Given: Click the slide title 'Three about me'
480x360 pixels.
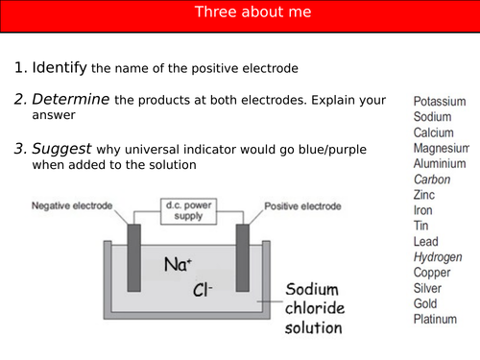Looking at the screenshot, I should (239, 12).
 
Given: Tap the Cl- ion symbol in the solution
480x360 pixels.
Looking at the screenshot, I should (204, 289).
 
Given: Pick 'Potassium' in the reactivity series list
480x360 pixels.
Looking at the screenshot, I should (439, 101).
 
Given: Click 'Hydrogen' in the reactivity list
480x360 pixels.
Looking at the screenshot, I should (438, 257).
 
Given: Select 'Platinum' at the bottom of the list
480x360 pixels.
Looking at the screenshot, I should (436, 320).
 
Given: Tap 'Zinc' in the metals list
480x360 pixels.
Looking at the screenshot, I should (424, 195).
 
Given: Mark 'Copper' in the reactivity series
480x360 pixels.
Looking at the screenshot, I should (432, 273).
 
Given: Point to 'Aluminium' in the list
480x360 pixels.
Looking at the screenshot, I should (440, 163).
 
